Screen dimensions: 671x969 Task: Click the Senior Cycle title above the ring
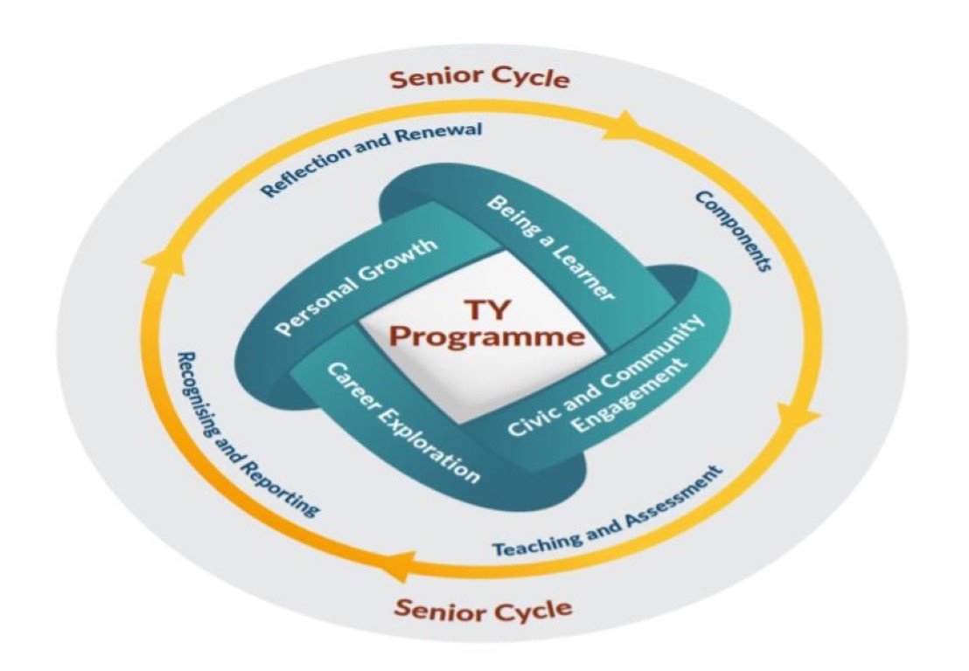pyautogui.click(x=479, y=79)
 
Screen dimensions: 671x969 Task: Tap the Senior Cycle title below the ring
pyautogui.click(x=484, y=607)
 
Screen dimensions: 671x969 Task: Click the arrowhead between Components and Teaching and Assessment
pyautogui.click(x=804, y=418)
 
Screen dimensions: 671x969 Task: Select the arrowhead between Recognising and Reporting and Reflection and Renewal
pyautogui.click(x=156, y=255)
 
